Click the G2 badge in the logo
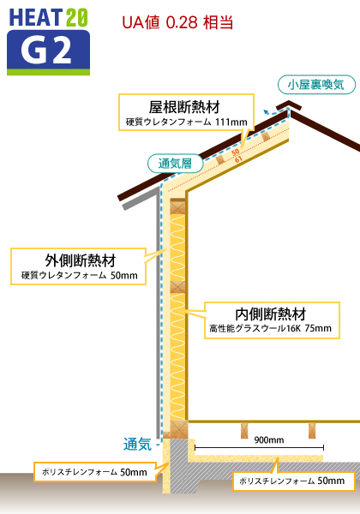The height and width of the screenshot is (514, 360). click(48, 52)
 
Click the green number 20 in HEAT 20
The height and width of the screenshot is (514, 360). click(77, 18)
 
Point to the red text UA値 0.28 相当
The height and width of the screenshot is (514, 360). click(177, 22)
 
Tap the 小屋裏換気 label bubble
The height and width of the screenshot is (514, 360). click(316, 85)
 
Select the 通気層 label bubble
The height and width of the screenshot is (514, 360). click(175, 164)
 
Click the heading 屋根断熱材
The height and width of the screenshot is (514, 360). click(184, 107)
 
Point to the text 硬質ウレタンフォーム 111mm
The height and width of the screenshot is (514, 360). click(187, 122)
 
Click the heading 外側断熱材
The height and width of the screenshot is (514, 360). click(81, 260)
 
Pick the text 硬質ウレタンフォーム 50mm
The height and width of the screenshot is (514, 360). click(80, 275)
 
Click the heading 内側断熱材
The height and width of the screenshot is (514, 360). click(271, 314)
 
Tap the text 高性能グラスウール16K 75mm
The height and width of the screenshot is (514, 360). click(271, 328)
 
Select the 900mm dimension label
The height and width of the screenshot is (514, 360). click(269, 440)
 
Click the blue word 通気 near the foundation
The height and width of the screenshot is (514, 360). click(137, 445)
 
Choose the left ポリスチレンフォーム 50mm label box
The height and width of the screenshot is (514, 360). click(95, 472)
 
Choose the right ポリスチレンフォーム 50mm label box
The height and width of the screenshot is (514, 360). click(294, 481)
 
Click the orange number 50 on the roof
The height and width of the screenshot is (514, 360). click(236, 152)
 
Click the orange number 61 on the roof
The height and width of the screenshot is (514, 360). click(238, 159)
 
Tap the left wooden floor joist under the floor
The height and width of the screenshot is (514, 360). click(244, 430)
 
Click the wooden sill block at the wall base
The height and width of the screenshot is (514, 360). click(178, 429)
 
